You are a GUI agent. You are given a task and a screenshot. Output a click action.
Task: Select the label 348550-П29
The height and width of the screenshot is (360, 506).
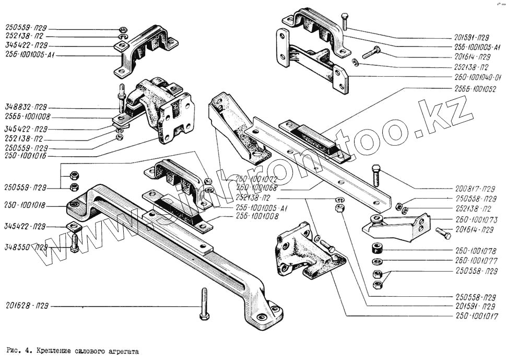click(26, 246)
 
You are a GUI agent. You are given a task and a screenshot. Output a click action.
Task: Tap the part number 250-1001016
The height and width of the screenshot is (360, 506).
click(26, 156)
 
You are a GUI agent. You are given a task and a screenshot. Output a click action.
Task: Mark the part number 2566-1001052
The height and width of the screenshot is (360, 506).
click(476, 89)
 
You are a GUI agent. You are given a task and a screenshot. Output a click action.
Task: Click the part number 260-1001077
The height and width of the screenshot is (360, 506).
click(476, 260)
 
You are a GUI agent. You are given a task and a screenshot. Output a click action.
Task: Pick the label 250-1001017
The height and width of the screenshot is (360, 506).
click(476, 316)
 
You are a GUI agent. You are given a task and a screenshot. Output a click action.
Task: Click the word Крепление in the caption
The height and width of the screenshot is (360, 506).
click(56, 352)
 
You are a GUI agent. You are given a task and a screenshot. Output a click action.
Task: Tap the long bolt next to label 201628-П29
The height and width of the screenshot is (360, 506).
click(203, 305)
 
